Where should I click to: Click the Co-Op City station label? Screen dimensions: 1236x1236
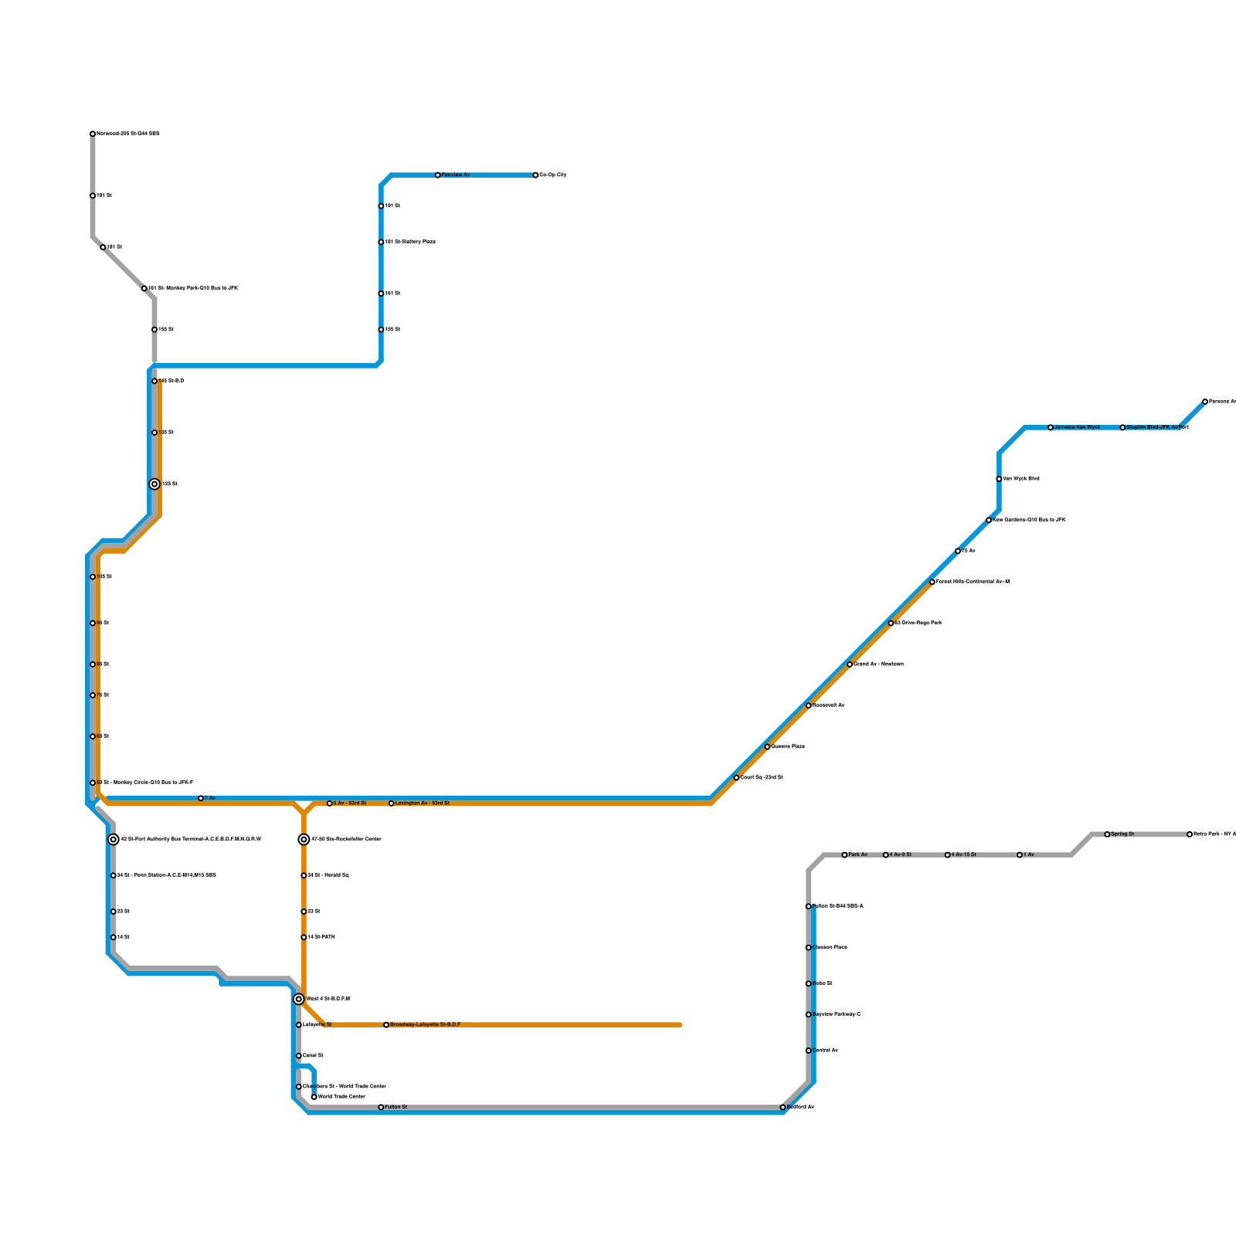[x=553, y=175]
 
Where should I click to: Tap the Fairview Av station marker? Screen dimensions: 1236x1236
[x=438, y=175]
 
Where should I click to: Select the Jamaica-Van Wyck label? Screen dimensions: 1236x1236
[x=1077, y=427]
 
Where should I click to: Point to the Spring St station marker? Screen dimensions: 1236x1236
[x=1107, y=834]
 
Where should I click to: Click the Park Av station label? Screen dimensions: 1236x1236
[x=857, y=855]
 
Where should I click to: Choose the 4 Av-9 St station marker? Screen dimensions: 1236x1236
[x=886, y=855]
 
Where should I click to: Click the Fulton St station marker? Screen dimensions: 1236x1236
[x=381, y=1107]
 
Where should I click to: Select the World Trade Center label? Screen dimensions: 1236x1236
[x=341, y=1097]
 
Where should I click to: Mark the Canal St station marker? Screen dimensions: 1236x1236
[x=299, y=1056]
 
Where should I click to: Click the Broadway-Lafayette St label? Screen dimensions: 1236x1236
[x=425, y=1025]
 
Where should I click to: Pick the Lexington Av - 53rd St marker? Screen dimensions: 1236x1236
[x=392, y=803]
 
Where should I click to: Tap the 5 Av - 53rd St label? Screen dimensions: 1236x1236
[x=350, y=803]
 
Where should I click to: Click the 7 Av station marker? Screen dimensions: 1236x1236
[x=201, y=798]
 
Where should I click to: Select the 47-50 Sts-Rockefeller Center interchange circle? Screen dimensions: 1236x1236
[x=304, y=840]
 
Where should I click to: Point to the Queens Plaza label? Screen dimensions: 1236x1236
[x=788, y=747]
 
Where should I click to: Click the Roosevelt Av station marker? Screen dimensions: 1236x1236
[x=809, y=705]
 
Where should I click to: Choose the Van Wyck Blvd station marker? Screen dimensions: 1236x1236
[x=999, y=479]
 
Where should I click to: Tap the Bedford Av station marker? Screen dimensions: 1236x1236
[x=783, y=1107]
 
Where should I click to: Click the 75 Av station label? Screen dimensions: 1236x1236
[x=969, y=551]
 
